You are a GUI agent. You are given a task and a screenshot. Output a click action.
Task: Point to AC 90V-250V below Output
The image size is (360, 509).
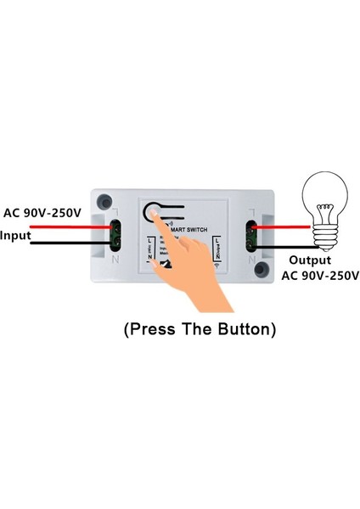pyautogui.click(x=320, y=276)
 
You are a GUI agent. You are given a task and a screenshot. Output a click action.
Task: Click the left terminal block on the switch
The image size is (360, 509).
pyautogui.click(x=115, y=235)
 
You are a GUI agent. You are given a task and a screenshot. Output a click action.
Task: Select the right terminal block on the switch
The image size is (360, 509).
pyautogui.click(x=250, y=235)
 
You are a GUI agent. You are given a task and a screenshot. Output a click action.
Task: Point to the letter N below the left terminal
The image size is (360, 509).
pyautogui.click(x=116, y=260)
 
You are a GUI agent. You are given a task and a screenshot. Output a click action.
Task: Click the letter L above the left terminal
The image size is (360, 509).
pyautogui.click(x=115, y=210)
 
